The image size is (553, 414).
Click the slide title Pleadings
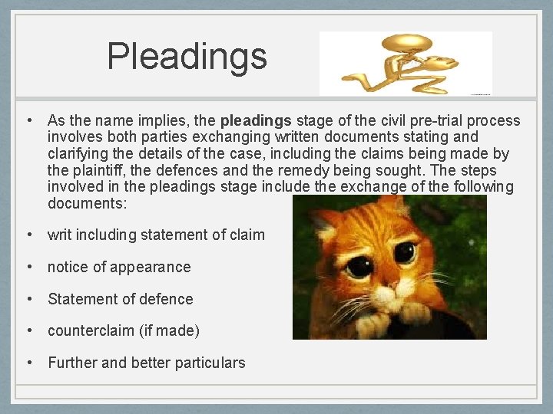[x=187, y=57]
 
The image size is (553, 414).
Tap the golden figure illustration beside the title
[x=404, y=63]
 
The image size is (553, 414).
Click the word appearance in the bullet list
[x=151, y=267]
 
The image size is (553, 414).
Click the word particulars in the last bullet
[x=208, y=363]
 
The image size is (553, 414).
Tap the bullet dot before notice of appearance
[x=28, y=267]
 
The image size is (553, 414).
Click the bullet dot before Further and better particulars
[x=28, y=363]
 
